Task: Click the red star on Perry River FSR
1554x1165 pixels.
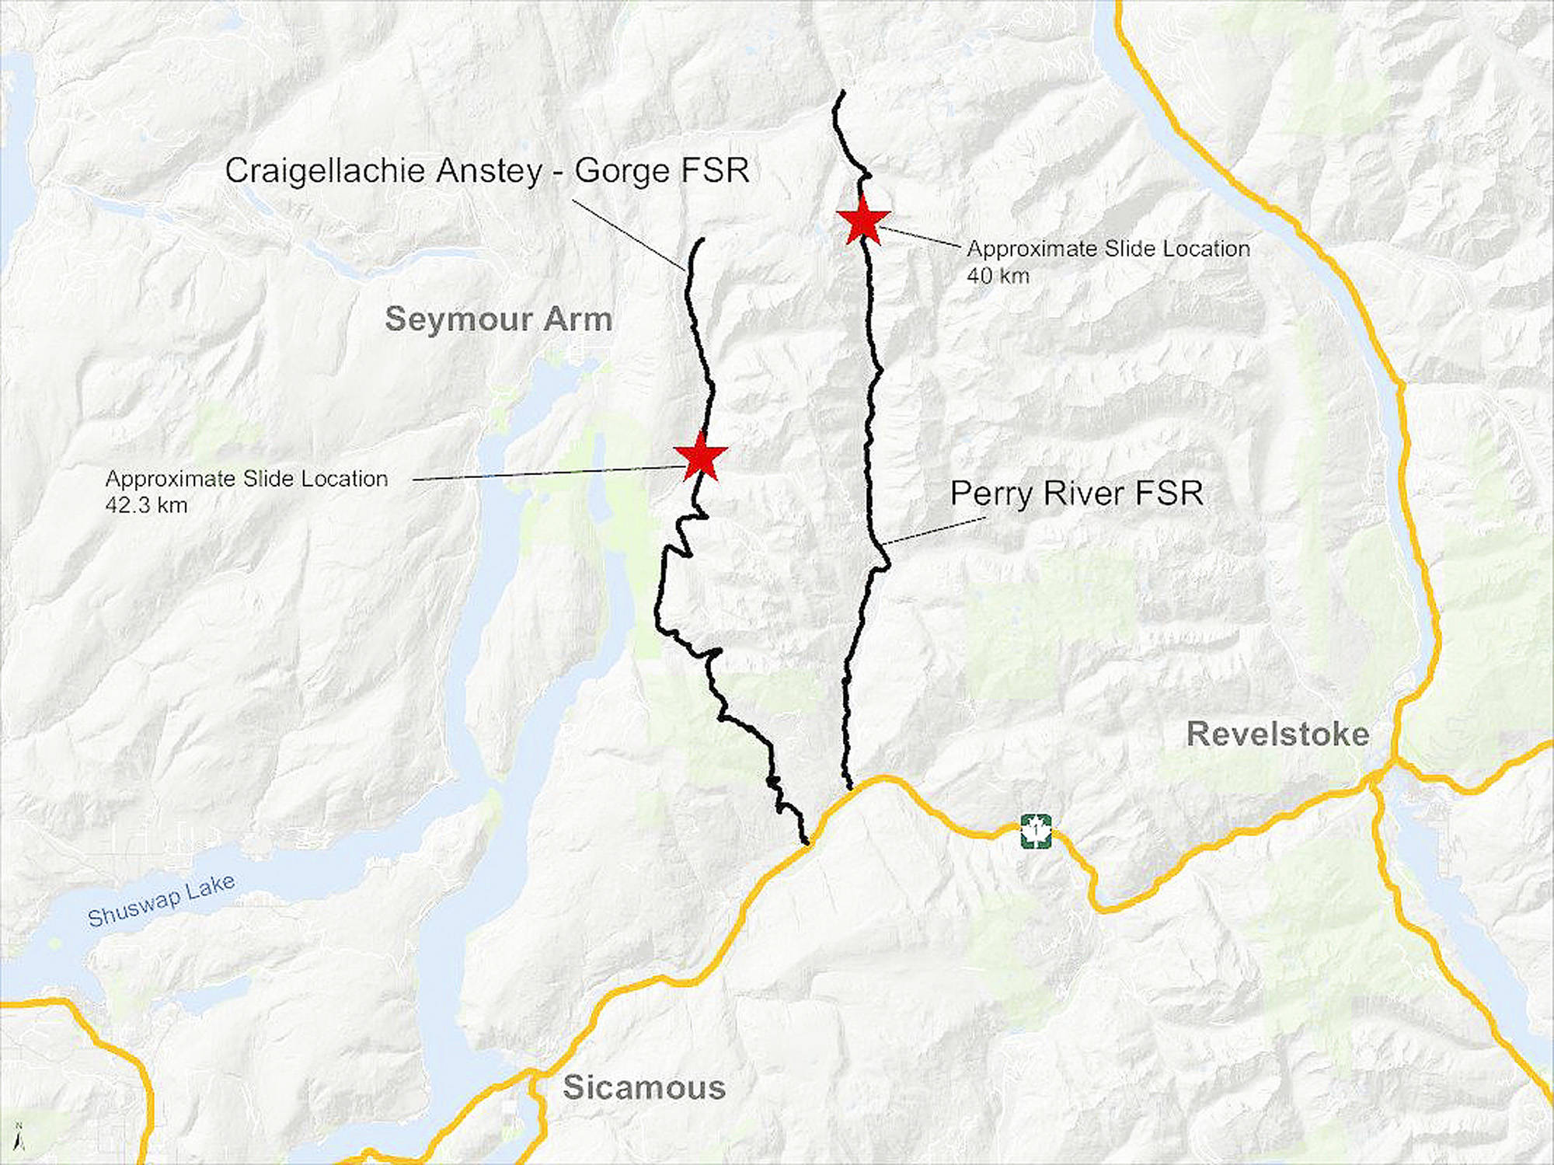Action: [862, 221]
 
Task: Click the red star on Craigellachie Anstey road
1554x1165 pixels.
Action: [701, 457]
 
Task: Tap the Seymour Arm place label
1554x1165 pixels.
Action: [499, 319]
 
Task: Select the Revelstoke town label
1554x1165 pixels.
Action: [1277, 734]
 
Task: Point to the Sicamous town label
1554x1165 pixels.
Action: [644, 1087]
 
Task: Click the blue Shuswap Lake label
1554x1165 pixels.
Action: [162, 901]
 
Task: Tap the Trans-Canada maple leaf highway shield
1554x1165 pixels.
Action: [1036, 831]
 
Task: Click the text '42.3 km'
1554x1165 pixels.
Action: [146, 506]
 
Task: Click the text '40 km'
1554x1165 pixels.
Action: [998, 276]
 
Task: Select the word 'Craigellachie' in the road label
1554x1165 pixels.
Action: [326, 171]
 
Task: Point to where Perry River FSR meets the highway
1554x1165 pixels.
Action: [850, 789]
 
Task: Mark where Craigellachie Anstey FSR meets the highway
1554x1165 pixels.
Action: [806, 842]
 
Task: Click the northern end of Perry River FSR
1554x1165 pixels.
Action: [841, 93]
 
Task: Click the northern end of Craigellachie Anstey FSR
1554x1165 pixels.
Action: [702, 240]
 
